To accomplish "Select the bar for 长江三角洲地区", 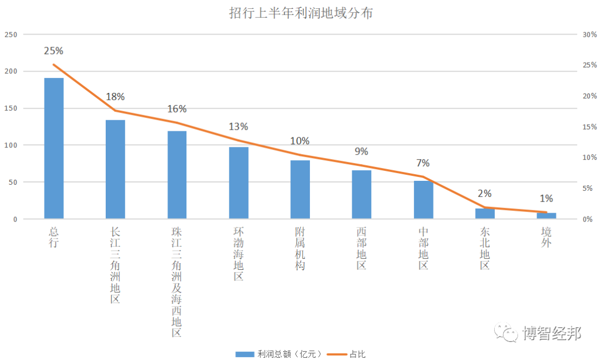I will pyautogui.click(x=115, y=169).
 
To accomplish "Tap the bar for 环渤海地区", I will pyautogui.click(x=239, y=183).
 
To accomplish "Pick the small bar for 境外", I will pyautogui.click(x=546, y=215).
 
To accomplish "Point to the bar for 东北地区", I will pyautogui.click(x=485, y=214).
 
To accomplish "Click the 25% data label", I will pyautogui.click(x=53, y=51).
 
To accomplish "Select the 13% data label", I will pyautogui.click(x=238, y=127).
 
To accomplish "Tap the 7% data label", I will pyautogui.click(x=423, y=163).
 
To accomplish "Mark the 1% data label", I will pyautogui.click(x=546, y=199).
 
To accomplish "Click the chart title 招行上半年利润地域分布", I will pyautogui.click(x=300, y=13).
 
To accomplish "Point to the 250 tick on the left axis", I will pyautogui.click(x=11, y=34).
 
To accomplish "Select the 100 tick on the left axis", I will pyautogui.click(x=11, y=145).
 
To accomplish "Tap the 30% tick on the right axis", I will pyautogui.click(x=589, y=34).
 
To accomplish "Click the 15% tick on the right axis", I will pyautogui.click(x=589, y=127).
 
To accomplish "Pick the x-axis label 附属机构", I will pyautogui.click(x=300, y=248).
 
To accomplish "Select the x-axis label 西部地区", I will pyautogui.click(x=362, y=248).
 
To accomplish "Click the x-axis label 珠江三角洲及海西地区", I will pyautogui.click(x=177, y=282).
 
